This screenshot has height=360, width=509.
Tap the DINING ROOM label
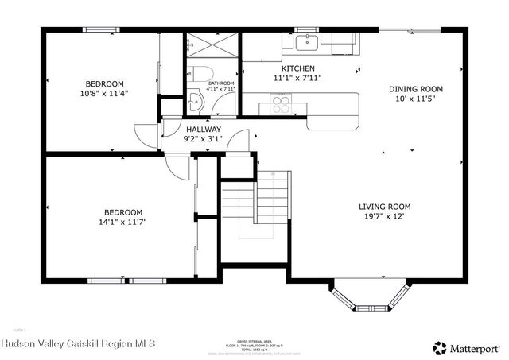[415, 89]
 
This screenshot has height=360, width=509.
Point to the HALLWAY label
[204, 129]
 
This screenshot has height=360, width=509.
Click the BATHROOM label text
[221, 83]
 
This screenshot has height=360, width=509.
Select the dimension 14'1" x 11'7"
[123, 222]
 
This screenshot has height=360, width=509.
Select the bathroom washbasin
[195, 102]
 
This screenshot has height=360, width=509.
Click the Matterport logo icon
[439, 347]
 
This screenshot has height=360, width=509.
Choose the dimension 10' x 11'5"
[415, 99]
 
